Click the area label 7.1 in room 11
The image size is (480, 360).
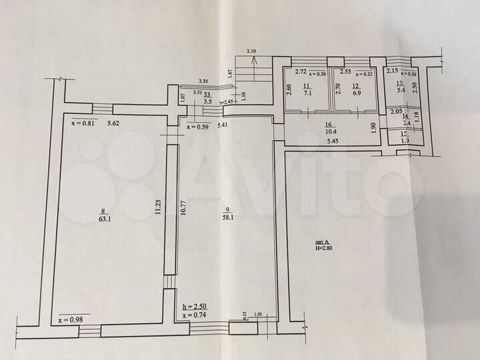tap(307, 94)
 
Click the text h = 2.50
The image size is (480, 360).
tap(194, 307)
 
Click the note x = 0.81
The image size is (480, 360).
tap(83, 123)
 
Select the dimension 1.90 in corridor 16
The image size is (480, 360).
tap(373, 127)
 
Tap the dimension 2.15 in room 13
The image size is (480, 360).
tap(393, 71)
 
